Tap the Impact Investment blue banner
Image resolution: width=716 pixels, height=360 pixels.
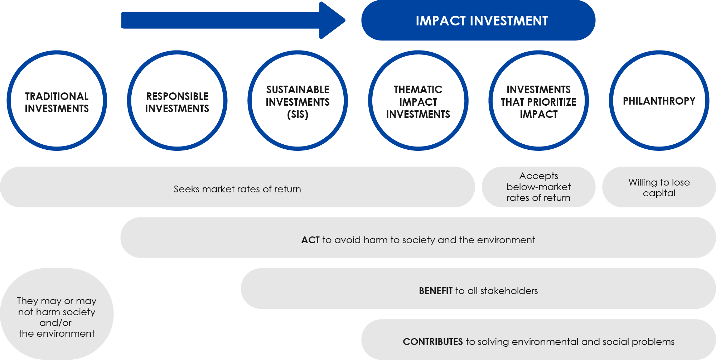(478, 20)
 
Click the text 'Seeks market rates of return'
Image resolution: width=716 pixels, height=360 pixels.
(237, 189)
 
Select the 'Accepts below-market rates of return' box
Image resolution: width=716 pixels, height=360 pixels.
(539, 187)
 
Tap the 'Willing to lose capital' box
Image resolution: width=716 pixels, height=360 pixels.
(659, 187)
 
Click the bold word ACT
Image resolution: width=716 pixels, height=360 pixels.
(310, 240)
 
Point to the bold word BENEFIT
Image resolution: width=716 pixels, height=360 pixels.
(436, 291)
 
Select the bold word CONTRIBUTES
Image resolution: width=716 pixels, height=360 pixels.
(433, 342)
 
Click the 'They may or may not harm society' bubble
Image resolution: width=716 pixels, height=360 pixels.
(57, 314)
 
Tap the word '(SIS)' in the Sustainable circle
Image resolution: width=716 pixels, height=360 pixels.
(298, 115)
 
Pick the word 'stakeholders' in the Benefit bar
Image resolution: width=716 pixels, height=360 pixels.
(509, 291)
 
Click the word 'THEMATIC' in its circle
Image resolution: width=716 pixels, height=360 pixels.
(418, 90)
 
